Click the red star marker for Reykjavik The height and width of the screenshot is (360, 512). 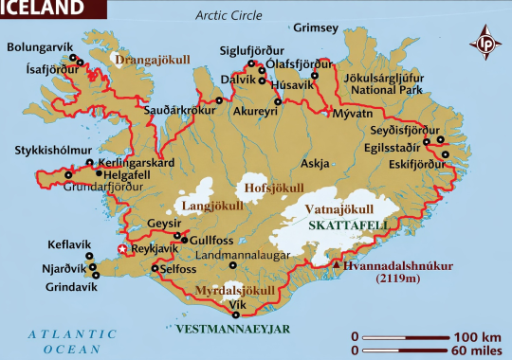[120, 250]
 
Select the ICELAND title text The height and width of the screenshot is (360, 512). [42, 9]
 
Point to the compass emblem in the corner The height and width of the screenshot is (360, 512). [485, 43]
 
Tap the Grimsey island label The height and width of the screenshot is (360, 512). [316, 27]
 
